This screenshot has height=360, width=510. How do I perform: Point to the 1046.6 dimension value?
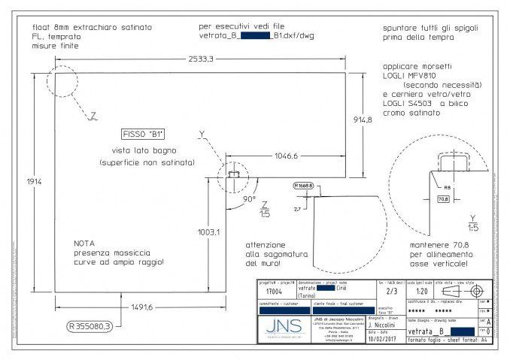point(287,156)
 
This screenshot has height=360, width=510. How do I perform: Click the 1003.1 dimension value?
point(208,233)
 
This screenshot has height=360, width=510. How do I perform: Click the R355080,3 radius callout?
point(90,326)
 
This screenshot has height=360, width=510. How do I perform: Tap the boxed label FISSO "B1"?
point(143,134)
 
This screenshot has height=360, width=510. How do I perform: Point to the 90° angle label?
point(249,200)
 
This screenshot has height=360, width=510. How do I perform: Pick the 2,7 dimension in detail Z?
point(297,208)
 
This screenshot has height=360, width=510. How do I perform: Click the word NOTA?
point(84,244)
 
